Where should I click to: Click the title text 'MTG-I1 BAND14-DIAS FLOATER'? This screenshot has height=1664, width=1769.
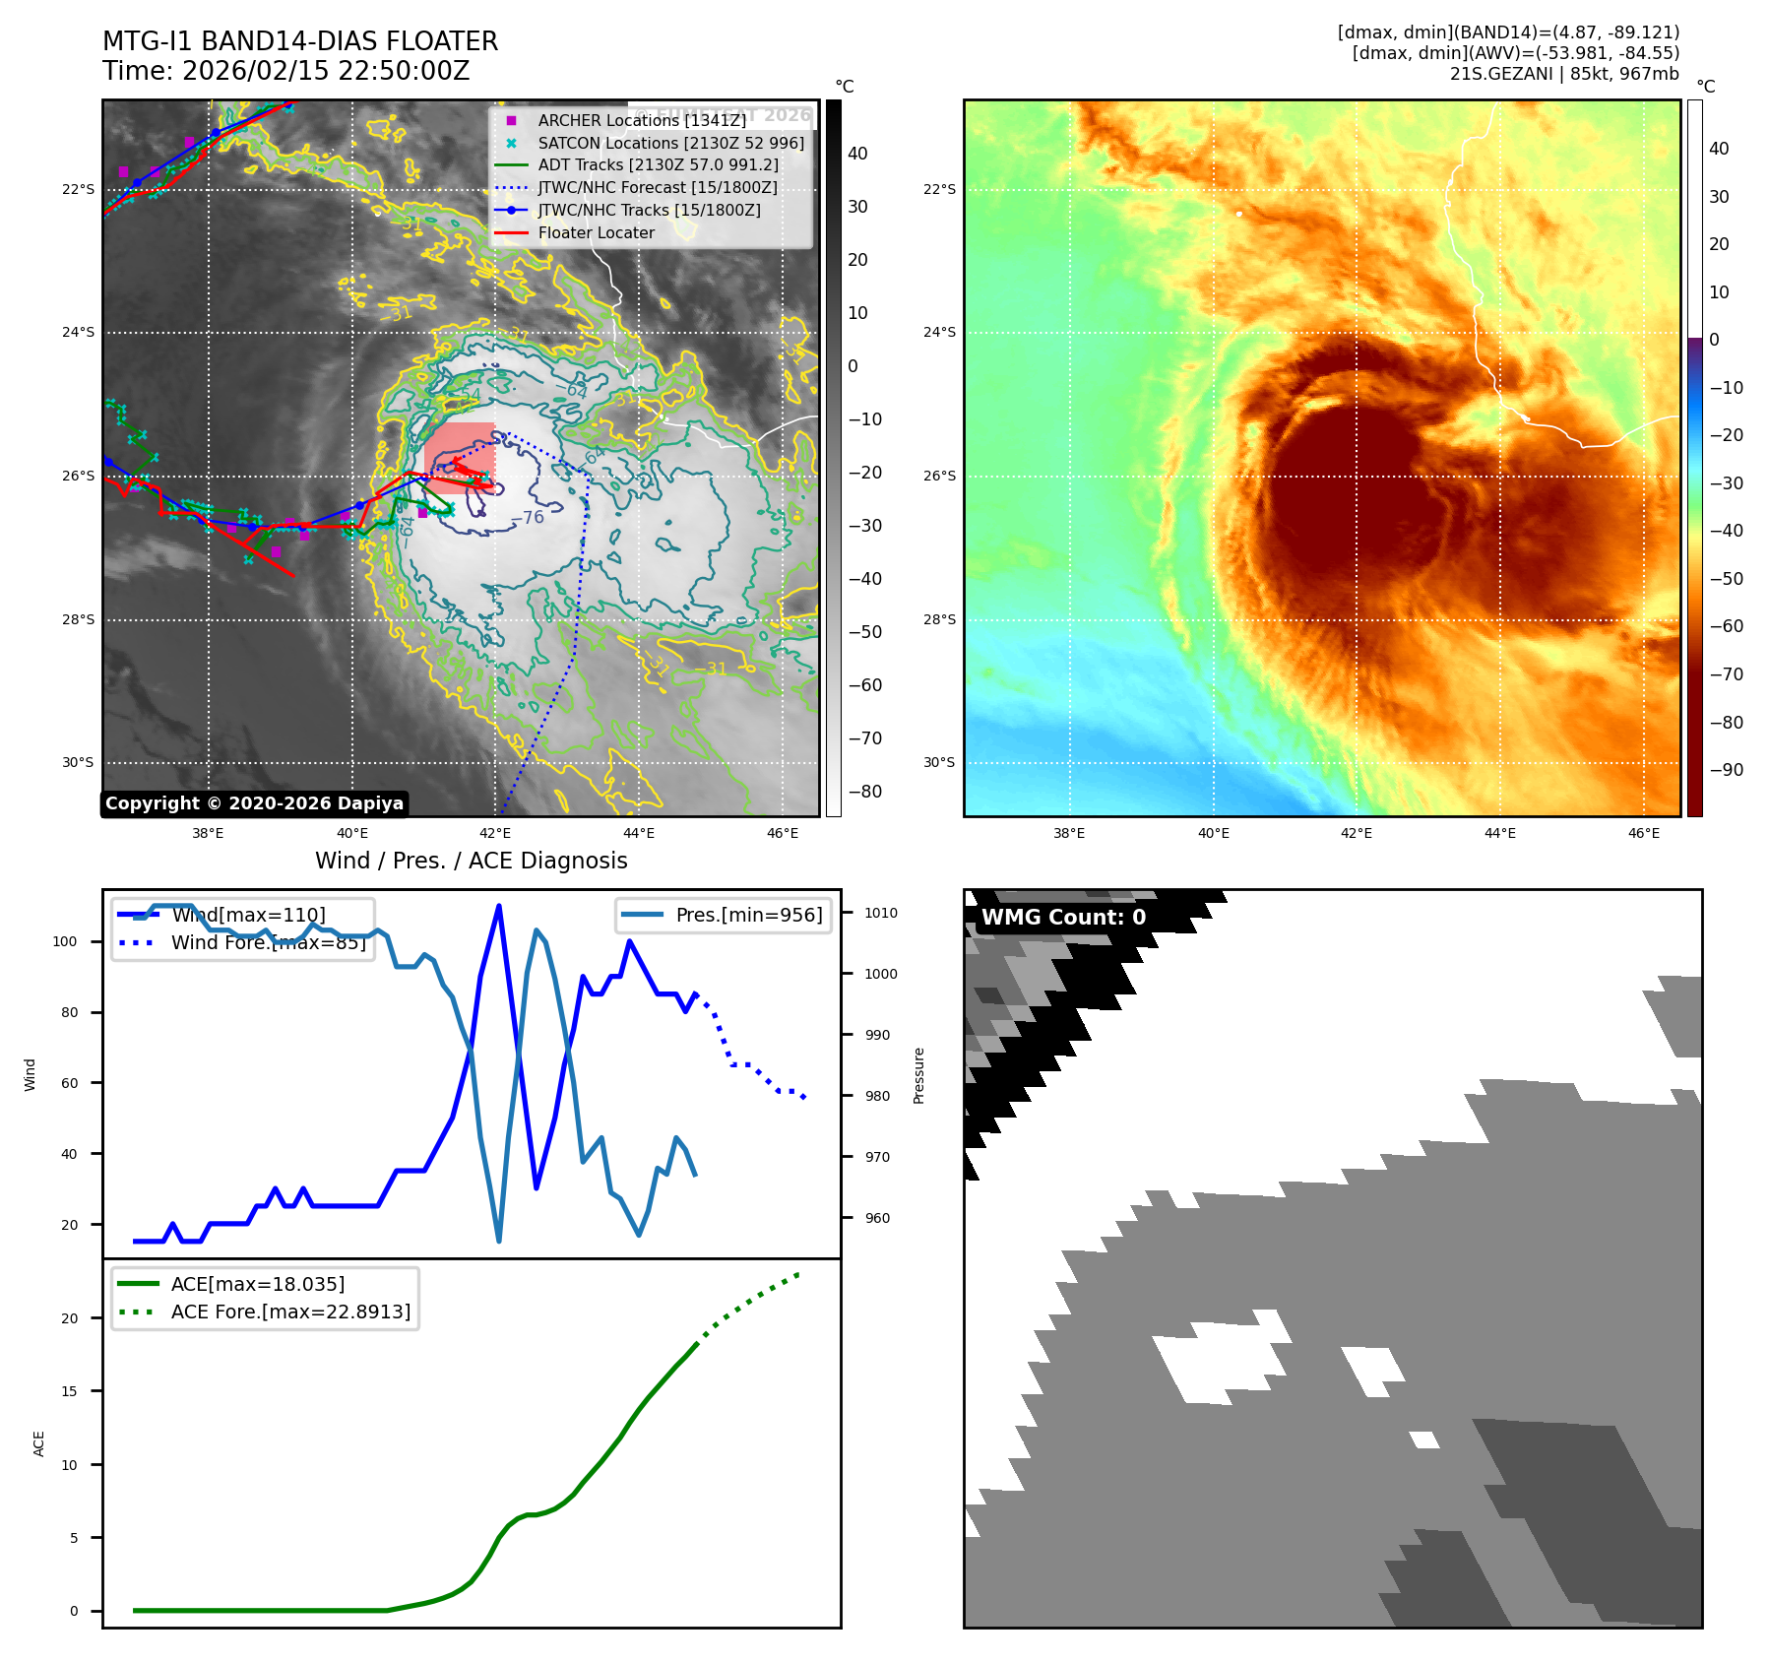pyautogui.click(x=300, y=41)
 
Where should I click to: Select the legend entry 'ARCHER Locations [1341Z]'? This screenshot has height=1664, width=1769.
pyautogui.click(x=642, y=120)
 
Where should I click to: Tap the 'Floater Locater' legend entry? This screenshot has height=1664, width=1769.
pyautogui.click(x=596, y=232)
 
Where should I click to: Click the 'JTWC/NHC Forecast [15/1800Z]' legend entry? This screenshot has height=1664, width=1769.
pyautogui.click(x=657, y=187)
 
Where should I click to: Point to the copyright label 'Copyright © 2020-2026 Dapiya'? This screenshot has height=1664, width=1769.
pyautogui.click(x=254, y=803)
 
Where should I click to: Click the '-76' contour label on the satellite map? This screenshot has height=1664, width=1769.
pyautogui.click(x=529, y=518)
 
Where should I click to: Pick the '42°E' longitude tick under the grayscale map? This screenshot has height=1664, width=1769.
pyautogui.click(x=496, y=833)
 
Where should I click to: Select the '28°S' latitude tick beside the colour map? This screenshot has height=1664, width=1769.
pyautogui.click(x=939, y=619)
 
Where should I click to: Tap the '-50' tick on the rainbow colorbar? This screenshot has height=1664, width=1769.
pyautogui.click(x=1726, y=579)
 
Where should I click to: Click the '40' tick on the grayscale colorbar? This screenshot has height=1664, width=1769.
pyautogui.click(x=857, y=154)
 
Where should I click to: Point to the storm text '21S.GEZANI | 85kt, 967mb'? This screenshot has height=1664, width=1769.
pyautogui.click(x=1564, y=74)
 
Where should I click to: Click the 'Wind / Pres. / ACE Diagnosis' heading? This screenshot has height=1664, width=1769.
pyautogui.click(x=471, y=861)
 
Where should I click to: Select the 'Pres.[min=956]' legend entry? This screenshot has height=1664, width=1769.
pyautogui.click(x=748, y=915)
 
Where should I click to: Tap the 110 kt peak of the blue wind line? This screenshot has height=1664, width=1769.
pyautogui.click(x=499, y=906)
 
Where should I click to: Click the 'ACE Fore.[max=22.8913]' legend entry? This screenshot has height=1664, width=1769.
pyautogui.click(x=290, y=1312)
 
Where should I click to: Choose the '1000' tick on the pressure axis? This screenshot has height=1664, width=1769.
pyautogui.click(x=880, y=974)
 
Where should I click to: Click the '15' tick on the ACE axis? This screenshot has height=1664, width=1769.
pyautogui.click(x=69, y=1391)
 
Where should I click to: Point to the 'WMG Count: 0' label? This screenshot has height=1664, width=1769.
pyautogui.click(x=1063, y=918)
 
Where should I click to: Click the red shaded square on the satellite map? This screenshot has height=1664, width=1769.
pyautogui.click(x=460, y=458)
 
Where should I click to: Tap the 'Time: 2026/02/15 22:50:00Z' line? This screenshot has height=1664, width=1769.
pyautogui.click(x=285, y=71)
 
